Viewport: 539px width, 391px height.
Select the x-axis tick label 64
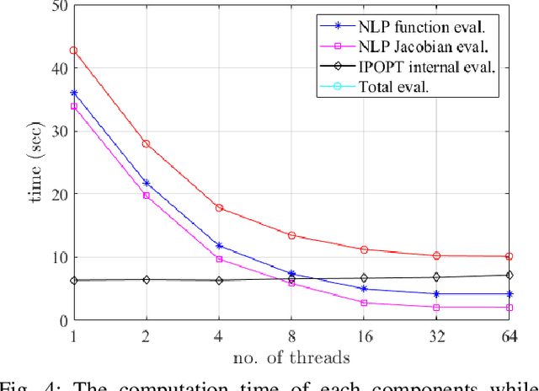(x=507, y=336)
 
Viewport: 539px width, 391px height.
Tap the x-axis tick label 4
(x=219, y=336)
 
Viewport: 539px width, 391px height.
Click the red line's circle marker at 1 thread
(x=73, y=51)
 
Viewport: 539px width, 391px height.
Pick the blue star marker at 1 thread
(x=73, y=93)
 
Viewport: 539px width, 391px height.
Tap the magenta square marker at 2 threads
(x=147, y=195)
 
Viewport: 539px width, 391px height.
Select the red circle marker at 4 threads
(x=219, y=207)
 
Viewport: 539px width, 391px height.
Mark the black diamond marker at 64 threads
(x=509, y=276)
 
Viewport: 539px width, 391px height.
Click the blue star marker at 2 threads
(x=147, y=183)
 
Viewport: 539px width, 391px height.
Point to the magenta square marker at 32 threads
(x=436, y=308)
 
